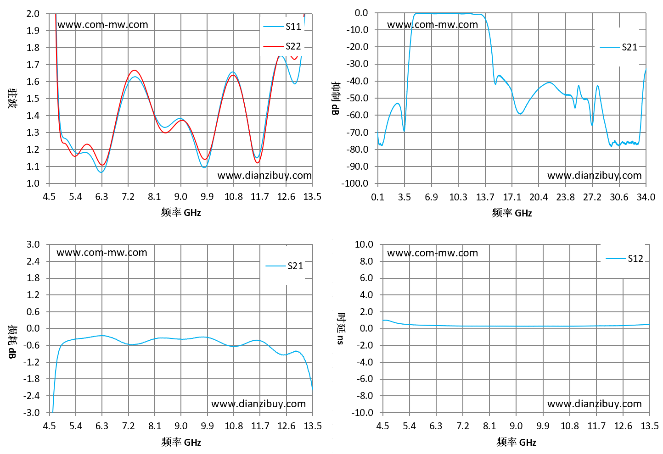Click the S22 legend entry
tap(282, 46)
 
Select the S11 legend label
tap(293, 27)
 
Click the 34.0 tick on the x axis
tap(646, 197)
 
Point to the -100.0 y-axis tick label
tap(354, 183)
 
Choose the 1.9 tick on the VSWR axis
tap(33, 30)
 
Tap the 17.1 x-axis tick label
tap(512, 197)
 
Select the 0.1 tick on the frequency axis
tap(378, 197)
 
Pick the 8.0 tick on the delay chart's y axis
tap(366, 261)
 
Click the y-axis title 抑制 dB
tap(336, 98)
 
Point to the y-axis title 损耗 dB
tap(12, 342)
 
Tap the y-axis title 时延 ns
tap(341, 328)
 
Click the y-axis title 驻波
tap(12, 98)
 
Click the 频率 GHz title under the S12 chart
tap(516, 442)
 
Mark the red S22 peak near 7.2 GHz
tap(135, 70)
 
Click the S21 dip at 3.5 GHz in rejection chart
tap(404, 131)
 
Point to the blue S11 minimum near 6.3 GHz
tap(101, 172)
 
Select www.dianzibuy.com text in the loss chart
tap(258, 404)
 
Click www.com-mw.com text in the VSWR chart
tap(103, 24)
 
